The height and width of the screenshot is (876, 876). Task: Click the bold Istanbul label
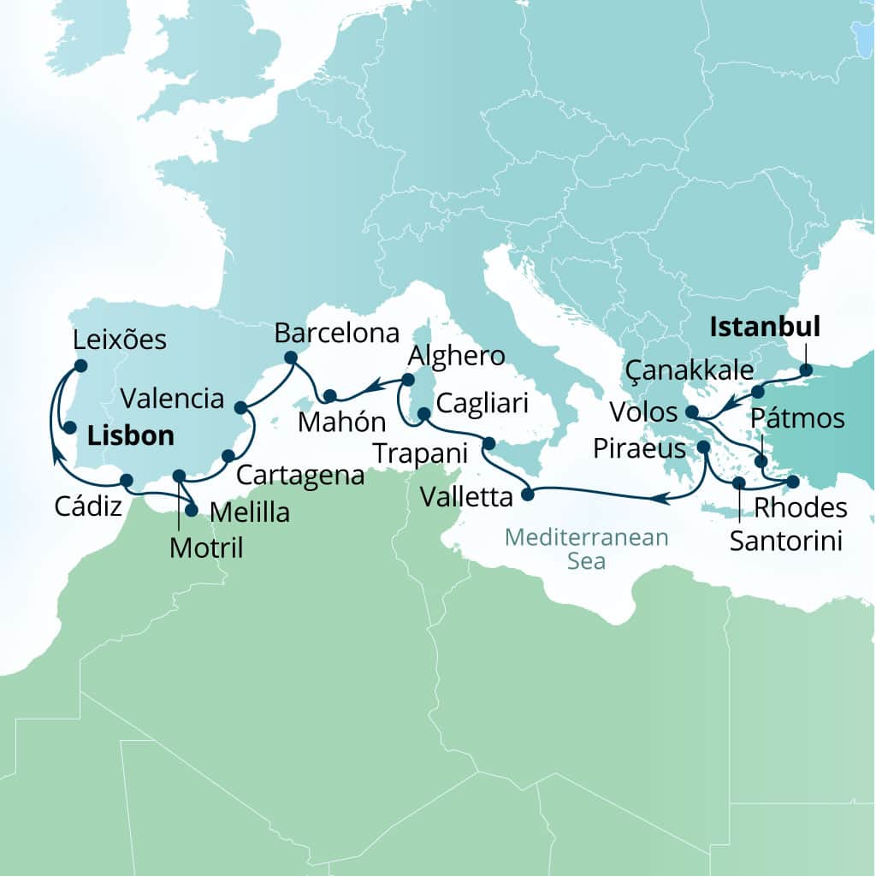[x=766, y=327]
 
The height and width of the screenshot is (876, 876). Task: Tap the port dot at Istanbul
[x=805, y=371]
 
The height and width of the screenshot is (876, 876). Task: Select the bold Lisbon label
[x=130, y=436]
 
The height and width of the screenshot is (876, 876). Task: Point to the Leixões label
[x=121, y=340]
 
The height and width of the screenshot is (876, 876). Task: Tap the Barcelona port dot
[x=290, y=358]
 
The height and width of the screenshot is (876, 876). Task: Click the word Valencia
[x=172, y=398]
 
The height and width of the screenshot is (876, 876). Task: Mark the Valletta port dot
[x=528, y=494]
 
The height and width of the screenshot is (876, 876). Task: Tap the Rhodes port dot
[x=793, y=481]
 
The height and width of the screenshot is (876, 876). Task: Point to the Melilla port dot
[x=192, y=511]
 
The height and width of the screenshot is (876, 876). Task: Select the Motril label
[x=205, y=547]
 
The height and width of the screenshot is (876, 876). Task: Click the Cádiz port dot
[x=127, y=480]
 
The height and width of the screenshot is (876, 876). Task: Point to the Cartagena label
[x=300, y=476]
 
